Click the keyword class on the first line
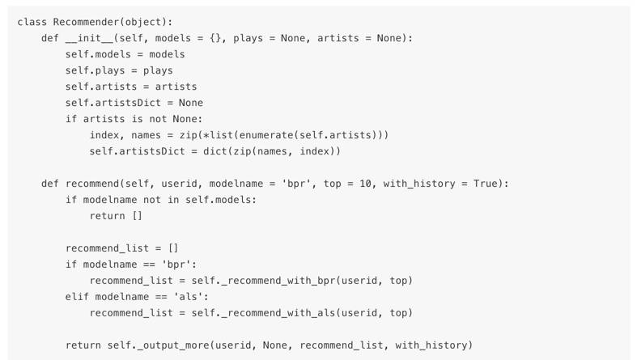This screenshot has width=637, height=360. click(32, 22)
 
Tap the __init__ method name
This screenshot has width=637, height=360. click(89, 38)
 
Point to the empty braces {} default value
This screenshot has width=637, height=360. click(215, 38)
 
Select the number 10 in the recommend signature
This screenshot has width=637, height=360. click(366, 184)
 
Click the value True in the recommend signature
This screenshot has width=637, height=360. click(486, 184)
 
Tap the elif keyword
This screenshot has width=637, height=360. click(77, 297)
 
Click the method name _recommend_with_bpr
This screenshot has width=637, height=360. click(275, 281)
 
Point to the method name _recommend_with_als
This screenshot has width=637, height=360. click(275, 313)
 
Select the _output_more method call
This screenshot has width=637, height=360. click(173, 345)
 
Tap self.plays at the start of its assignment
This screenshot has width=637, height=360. click(92, 70)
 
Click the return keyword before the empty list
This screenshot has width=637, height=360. click(107, 216)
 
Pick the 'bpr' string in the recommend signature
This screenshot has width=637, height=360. click(293, 184)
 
